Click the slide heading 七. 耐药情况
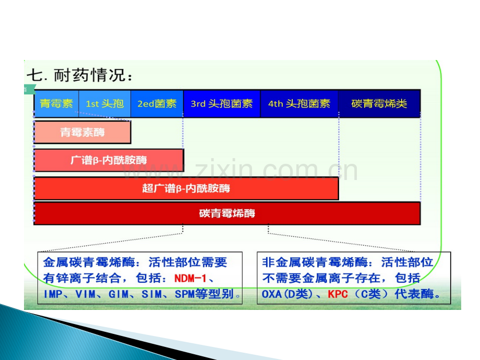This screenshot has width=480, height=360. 80,75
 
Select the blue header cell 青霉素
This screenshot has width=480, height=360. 56,103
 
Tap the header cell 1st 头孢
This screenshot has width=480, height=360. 105,103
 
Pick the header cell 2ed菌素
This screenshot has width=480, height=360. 157,103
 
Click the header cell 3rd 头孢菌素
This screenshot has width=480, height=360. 222,103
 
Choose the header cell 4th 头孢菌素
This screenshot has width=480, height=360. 299,103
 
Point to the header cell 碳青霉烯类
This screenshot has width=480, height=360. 379,103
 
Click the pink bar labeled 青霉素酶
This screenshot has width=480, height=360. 82,132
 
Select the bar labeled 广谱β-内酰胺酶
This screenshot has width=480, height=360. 109,160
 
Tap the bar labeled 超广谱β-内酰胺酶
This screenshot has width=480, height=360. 186,188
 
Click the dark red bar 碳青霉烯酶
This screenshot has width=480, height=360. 227,213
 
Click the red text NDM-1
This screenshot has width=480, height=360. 190,278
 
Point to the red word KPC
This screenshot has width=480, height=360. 338,294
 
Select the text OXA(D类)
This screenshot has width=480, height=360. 287,294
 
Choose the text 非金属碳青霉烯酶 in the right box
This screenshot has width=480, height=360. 315,262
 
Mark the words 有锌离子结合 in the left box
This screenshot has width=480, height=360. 82,278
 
